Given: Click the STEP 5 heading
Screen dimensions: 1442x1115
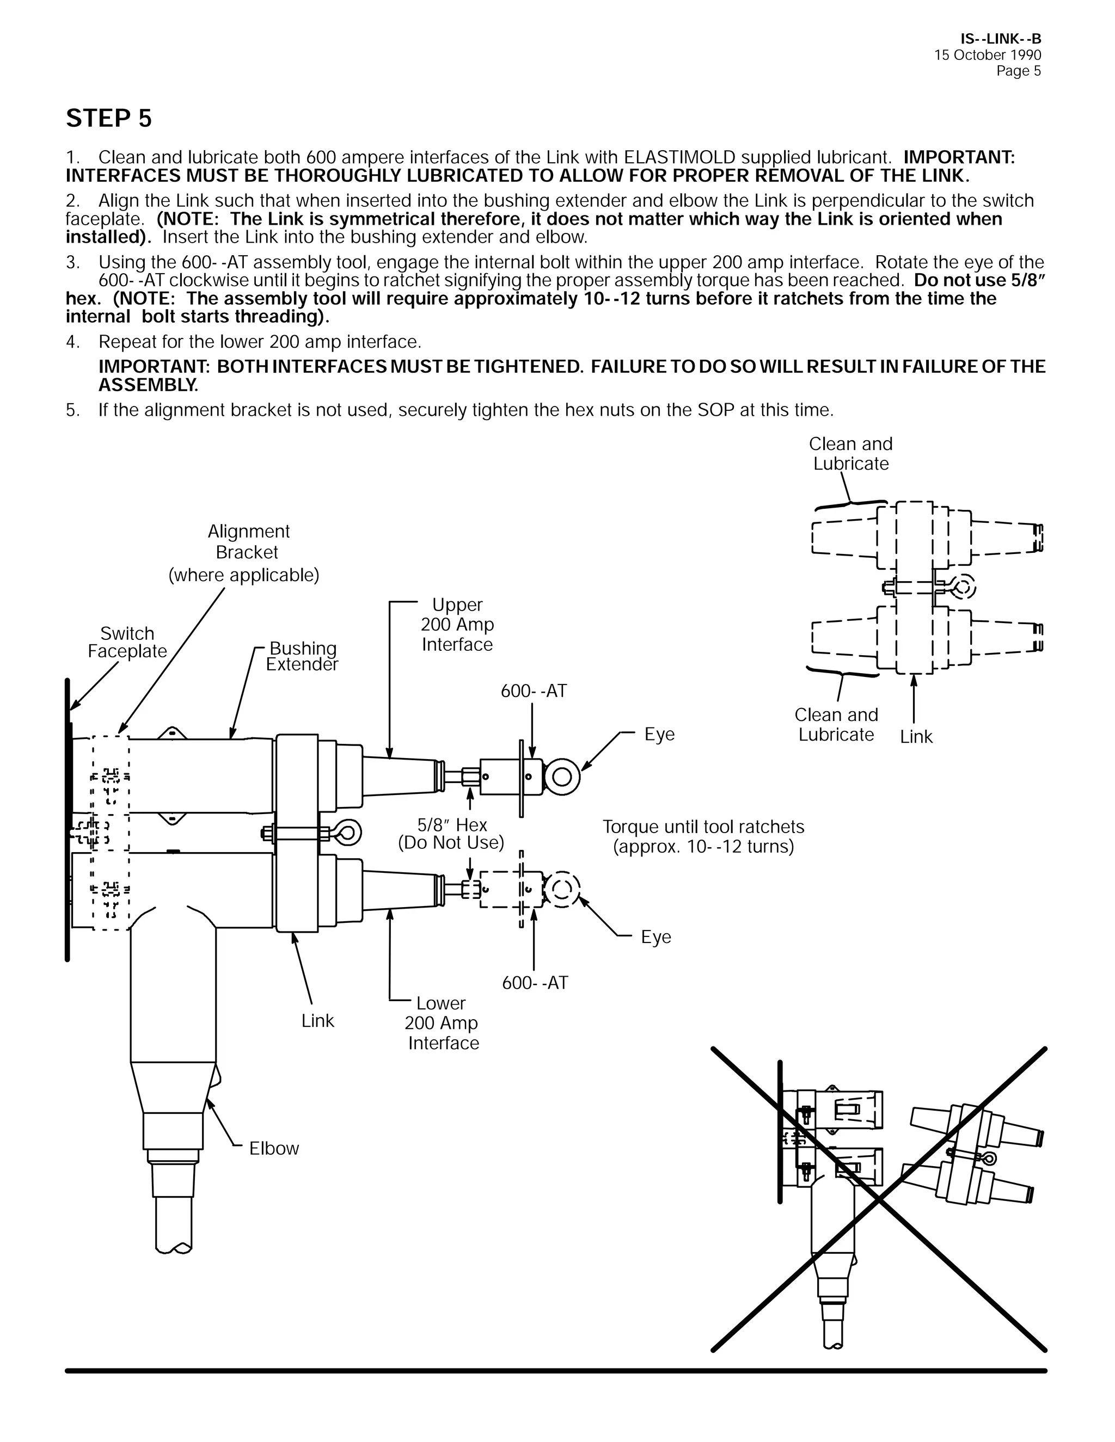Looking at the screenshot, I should tap(109, 119).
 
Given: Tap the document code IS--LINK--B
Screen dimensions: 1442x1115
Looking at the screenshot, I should tap(1001, 40).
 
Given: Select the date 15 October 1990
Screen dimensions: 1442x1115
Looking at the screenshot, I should tap(988, 56).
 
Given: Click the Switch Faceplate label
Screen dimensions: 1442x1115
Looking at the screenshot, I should tap(127, 643).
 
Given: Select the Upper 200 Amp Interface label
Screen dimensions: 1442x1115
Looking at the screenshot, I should tap(457, 625).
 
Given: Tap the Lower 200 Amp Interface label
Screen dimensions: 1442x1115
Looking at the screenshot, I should tap(441, 1023).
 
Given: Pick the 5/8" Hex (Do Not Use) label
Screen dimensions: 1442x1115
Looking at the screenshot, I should tap(451, 834).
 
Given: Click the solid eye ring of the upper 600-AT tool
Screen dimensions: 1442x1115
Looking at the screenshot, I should tap(561, 777).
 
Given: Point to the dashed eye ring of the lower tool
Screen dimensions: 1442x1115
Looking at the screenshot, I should tap(562, 890).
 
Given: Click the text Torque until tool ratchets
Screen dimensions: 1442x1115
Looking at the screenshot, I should tap(703, 827).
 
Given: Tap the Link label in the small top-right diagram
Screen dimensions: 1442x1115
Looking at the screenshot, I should tap(916, 737).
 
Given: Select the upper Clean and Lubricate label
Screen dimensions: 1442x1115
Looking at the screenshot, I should tap(851, 454).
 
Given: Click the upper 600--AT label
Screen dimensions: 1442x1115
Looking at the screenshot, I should tap(534, 691).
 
